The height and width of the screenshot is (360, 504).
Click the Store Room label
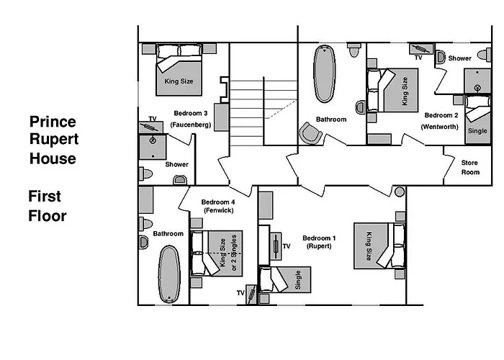[x=469, y=168]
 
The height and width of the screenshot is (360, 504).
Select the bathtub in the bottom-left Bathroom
[x=170, y=274]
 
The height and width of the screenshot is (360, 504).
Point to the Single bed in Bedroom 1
[x=287, y=281]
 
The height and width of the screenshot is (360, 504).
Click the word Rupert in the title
[x=54, y=139]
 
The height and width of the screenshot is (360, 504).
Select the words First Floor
[x=48, y=205]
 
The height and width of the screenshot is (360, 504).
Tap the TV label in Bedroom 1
[x=286, y=247]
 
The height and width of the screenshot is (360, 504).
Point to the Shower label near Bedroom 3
[x=176, y=164]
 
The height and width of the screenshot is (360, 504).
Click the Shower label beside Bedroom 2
[x=459, y=58]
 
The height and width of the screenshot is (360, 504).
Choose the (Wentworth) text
[x=441, y=127]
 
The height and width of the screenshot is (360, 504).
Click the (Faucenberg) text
[x=191, y=125]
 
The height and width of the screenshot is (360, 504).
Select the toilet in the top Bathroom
[x=353, y=52]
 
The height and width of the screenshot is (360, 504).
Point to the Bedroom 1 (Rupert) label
[x=318, y=242]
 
